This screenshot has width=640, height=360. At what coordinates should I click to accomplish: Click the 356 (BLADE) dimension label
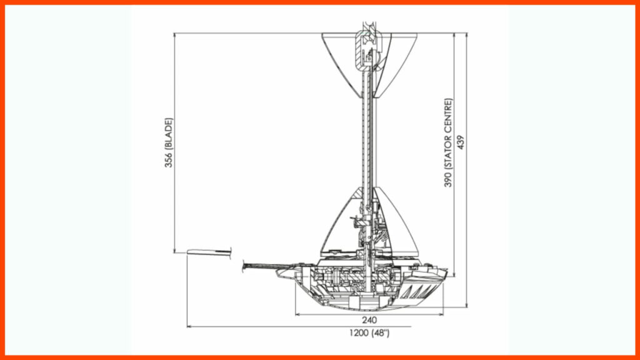169,142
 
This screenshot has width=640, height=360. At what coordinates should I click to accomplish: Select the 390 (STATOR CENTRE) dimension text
448,142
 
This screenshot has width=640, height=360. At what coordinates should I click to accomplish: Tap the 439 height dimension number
461,142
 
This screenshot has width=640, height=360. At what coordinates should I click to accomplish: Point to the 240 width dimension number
369,321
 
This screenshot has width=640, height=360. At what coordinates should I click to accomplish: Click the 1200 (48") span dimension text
369,333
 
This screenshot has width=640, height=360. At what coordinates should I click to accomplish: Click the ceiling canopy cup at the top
369,65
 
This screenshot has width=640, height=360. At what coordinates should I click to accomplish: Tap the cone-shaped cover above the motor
369,222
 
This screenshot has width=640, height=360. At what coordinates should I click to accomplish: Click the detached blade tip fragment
209,252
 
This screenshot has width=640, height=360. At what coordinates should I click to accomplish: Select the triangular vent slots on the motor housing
418,291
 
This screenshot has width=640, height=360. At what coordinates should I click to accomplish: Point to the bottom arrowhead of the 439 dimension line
467,304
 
